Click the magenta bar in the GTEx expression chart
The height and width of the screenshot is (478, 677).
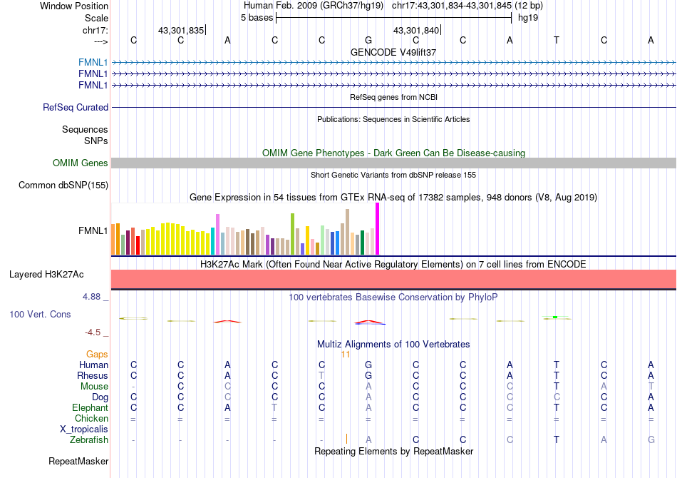tap(377, 228)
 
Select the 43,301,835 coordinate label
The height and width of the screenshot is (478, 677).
tap(181, 30)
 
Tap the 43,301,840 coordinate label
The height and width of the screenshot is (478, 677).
tap(417, 30)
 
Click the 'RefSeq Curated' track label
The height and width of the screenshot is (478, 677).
tap(76, 108)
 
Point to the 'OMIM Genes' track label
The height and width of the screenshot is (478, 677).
tap(81, 163)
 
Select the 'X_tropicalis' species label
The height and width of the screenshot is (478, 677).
tap(84, 429)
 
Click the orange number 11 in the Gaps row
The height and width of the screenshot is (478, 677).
tap(346, 355)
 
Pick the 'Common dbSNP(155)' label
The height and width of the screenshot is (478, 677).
tap(63, 185)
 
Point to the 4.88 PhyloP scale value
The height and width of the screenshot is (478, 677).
tap(93, 297)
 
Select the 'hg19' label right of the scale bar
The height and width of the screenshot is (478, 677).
tap(528, 17)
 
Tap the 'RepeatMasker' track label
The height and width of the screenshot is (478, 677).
tap(78, 462)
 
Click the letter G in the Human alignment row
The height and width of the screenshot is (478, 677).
tap(368, 365)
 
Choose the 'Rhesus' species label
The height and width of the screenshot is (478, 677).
tap(93, 376)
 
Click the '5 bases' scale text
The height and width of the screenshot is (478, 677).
tap(257, 17)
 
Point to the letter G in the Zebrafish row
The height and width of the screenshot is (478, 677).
tap(651, 440)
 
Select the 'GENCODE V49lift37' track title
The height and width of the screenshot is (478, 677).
tap(393, 52)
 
